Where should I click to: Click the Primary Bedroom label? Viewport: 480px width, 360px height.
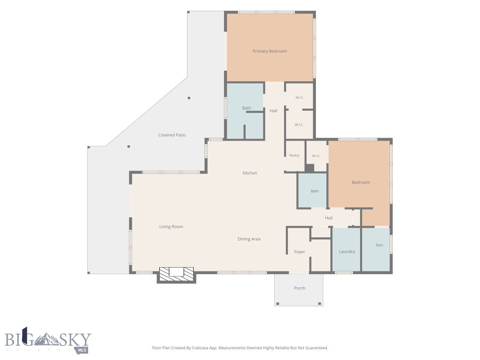pyautogui.click(x=270, y=51)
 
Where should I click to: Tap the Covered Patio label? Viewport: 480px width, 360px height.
pyautogui.click(x=172, y=135)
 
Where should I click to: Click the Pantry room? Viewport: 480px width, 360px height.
pyautogui.click(x=294, y=156)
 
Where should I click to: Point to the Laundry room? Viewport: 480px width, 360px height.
pyautogui.click(x=346, y=249)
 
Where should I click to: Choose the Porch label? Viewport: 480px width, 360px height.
pyautogui.click(x=300, y=288)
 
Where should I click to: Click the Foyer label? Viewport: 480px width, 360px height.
pyautogui.click(x=300, y=252)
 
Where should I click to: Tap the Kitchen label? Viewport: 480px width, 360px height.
pyautogui.click(x=250, y=173)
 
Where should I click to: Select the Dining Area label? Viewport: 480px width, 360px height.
pyautogui.click(x=249, y=239)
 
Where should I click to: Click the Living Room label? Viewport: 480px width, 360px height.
pyautogui.click(x=171, y=226)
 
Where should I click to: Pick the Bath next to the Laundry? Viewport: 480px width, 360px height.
pyautogui.click(x=376, y=249)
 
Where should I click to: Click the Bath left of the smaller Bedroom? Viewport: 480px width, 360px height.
pyautogui.click(x=313, y=190)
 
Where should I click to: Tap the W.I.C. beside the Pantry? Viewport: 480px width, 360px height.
pyautogui.click(x=316, y=156)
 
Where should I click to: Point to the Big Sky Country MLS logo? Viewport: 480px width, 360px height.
pyautogui.click(x=48, y=340)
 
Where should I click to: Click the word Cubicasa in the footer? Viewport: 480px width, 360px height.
pyautogui.click(x=202, y=348)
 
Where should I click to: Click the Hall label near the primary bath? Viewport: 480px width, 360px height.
pyautogui.click(x=274, y=111)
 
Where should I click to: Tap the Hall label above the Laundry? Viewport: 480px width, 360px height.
pyautogui.click(x=329, y=218)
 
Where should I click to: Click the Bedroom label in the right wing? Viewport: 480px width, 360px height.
pyautogui.click(x=360, y=182)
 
